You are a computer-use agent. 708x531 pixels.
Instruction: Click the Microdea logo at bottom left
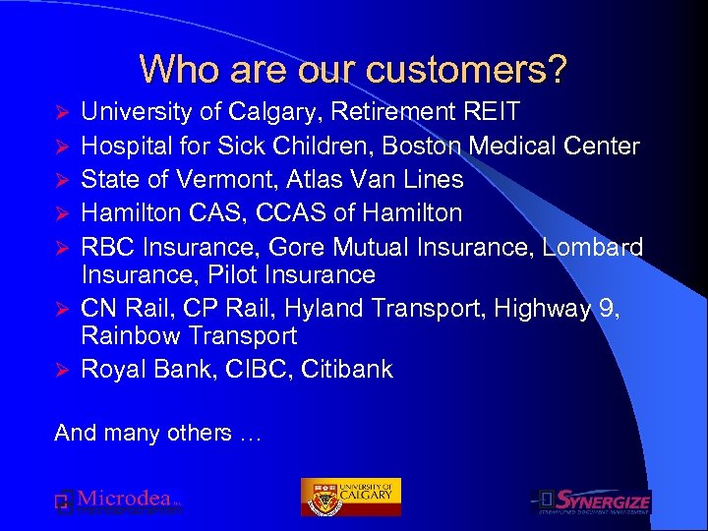tap(118, 501)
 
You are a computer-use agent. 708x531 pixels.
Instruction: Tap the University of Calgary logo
tap(350, 497)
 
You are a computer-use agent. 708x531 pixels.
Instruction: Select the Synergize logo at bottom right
tap(591, 501)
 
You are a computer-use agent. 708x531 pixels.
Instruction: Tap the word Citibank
tap(346, 370)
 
